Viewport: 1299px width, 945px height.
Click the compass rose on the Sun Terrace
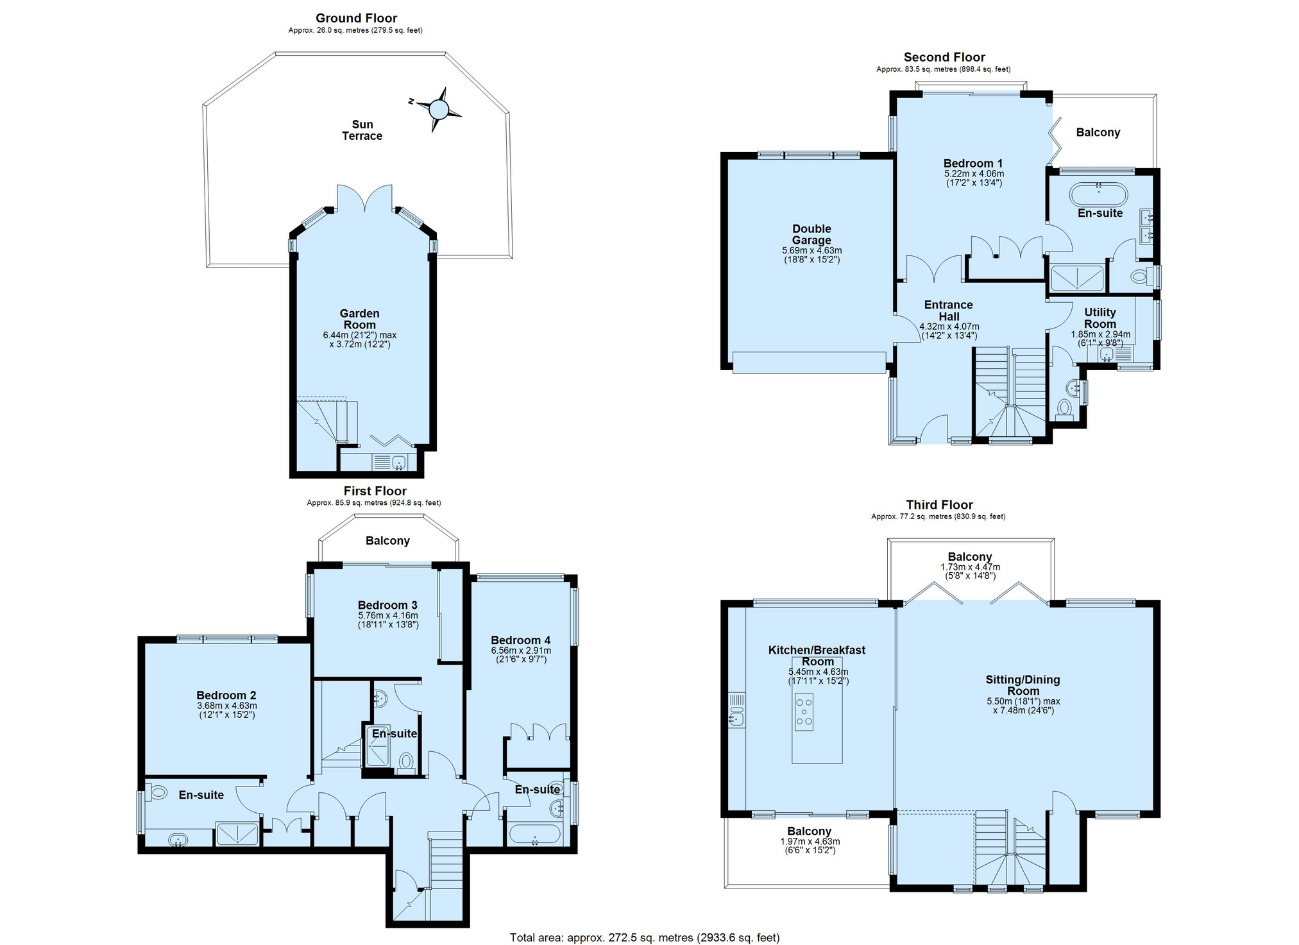click(x=439, y=110)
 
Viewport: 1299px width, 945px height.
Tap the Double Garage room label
click(x=811, y=234)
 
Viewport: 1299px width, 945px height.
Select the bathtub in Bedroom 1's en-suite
click(x=1098, y=194)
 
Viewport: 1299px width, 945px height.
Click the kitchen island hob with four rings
click(x=804, y=711)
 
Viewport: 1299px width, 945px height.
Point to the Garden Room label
click(x=359, y=319)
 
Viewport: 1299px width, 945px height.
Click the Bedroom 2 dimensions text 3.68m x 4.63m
click(x=227, y=706)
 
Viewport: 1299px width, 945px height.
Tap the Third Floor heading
click(x=939, y=505)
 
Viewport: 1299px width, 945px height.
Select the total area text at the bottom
click(x=645, y=937)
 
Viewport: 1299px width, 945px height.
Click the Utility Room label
click(x=1100, y=318)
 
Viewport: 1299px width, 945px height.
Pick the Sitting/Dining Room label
click(x=1023, y=685)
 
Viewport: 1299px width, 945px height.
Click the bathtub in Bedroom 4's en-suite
click(x=534, y=834)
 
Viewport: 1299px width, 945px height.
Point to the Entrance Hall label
click(x=949, y=311)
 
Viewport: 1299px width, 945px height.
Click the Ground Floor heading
click(x=356, y=18)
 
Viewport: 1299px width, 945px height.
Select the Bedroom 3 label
click(x=387, y=605)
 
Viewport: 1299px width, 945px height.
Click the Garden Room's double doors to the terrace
click(x=365, y=198)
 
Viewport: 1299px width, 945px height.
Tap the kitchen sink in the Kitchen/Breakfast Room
click(x=737, y=710)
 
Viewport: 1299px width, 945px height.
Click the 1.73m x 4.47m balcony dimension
click(x=970, y=567)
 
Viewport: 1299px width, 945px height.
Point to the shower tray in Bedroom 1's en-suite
click(x=1078, y=277)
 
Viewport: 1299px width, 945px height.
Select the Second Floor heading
click(x=944, y=57)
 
